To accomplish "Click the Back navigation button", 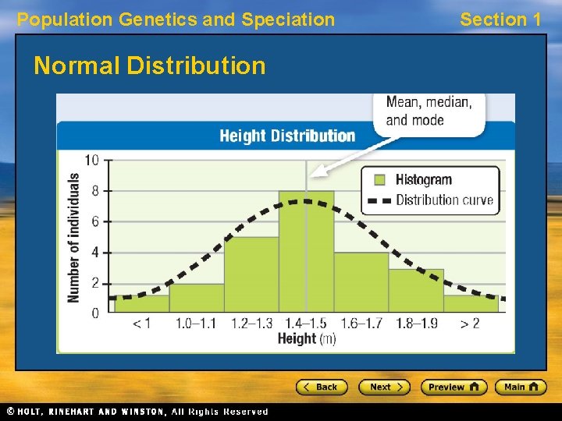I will [x=320, y=387].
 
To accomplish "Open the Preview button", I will [x=454, y=387].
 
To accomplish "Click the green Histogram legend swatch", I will [x=379, y=179].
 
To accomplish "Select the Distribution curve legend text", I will [x=444, y=200].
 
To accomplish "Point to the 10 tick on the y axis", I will [x=91, y=161].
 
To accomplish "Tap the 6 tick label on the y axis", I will [x=94, y=221].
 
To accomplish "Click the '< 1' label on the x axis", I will [x=141, y=324].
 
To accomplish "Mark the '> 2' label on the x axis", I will [x=470, y=324].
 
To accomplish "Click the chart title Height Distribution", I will [x=286, y=136].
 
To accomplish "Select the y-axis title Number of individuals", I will [x=74, y=237].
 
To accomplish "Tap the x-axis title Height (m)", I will [x=306, y=339].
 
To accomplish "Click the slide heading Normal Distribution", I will [x=150, y=65].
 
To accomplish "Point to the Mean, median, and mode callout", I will [x=429, y=111].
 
